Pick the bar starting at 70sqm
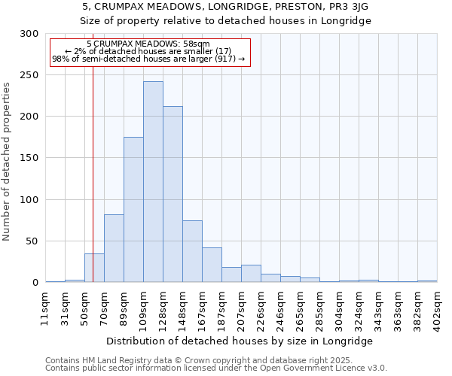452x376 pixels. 114,248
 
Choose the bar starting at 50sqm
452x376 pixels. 94,268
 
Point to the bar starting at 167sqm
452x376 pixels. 212,265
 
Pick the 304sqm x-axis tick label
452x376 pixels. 340,307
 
